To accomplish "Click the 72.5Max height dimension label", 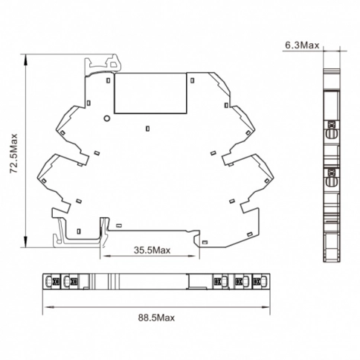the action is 13,153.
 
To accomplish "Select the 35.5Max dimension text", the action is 152,250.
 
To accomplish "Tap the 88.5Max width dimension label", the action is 156,318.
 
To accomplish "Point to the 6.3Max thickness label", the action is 302,45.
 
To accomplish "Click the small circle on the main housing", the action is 106,118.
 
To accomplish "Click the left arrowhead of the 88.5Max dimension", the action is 48,307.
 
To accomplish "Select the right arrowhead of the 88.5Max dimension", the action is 264,307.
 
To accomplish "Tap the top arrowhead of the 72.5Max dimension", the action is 25,60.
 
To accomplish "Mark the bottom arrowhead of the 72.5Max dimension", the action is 25,241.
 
